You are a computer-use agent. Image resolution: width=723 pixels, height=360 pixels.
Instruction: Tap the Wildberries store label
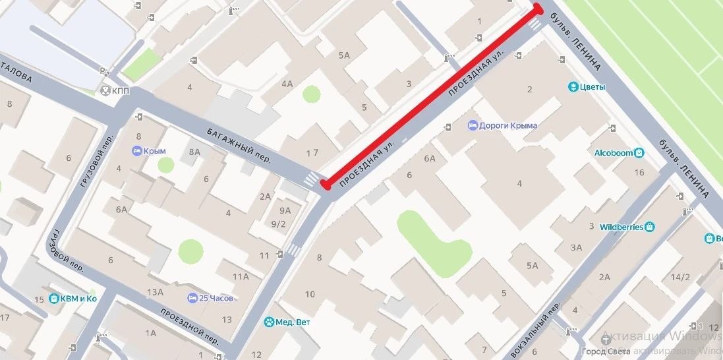point(621,227)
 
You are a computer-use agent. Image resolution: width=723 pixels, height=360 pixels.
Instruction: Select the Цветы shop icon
point(573,86)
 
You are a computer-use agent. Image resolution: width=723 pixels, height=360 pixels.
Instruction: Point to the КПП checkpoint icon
point(105,90)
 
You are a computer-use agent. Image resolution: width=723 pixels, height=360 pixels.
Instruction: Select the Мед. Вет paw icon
point(269,322)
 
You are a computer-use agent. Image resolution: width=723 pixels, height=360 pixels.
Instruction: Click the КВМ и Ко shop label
point(78,299)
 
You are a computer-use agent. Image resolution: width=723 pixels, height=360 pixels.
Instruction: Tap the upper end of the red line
point(538,9)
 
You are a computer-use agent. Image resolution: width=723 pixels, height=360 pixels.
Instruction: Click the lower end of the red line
point(326,185)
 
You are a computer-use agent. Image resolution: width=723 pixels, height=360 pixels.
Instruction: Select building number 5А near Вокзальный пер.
point(532,265)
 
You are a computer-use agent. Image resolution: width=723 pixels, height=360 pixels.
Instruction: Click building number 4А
point(287,84)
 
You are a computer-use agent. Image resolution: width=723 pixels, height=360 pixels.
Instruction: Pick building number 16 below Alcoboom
point(639,173)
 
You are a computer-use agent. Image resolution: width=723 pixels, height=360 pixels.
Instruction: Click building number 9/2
point(279,224)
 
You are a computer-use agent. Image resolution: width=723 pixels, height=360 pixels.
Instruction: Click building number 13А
point(156,292)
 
